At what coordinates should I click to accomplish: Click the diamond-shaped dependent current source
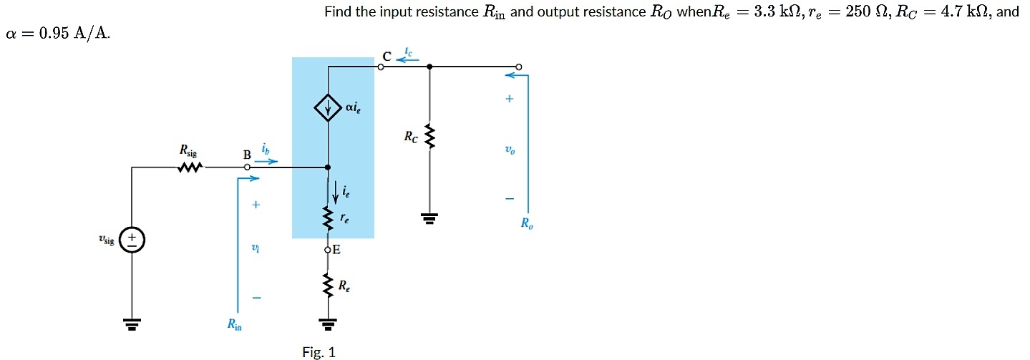[328, 109]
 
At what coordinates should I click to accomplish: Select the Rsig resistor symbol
[190, 168]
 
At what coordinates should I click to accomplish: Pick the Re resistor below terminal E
[328, 286]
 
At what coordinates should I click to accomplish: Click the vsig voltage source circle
[132, 239]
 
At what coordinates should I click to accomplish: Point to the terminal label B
[247, 154]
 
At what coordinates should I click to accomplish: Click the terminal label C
[386, 56]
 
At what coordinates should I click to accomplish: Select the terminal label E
[336, 250]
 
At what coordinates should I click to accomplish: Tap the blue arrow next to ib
[266, 162]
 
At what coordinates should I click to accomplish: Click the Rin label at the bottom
[234, 325]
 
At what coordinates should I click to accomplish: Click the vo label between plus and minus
[509, 151]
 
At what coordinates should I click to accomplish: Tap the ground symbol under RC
[429, 218]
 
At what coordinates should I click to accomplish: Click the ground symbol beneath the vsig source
[132, 326]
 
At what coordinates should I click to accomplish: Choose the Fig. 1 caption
[319, 351]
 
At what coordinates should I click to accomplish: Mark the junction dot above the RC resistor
[429, 67]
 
